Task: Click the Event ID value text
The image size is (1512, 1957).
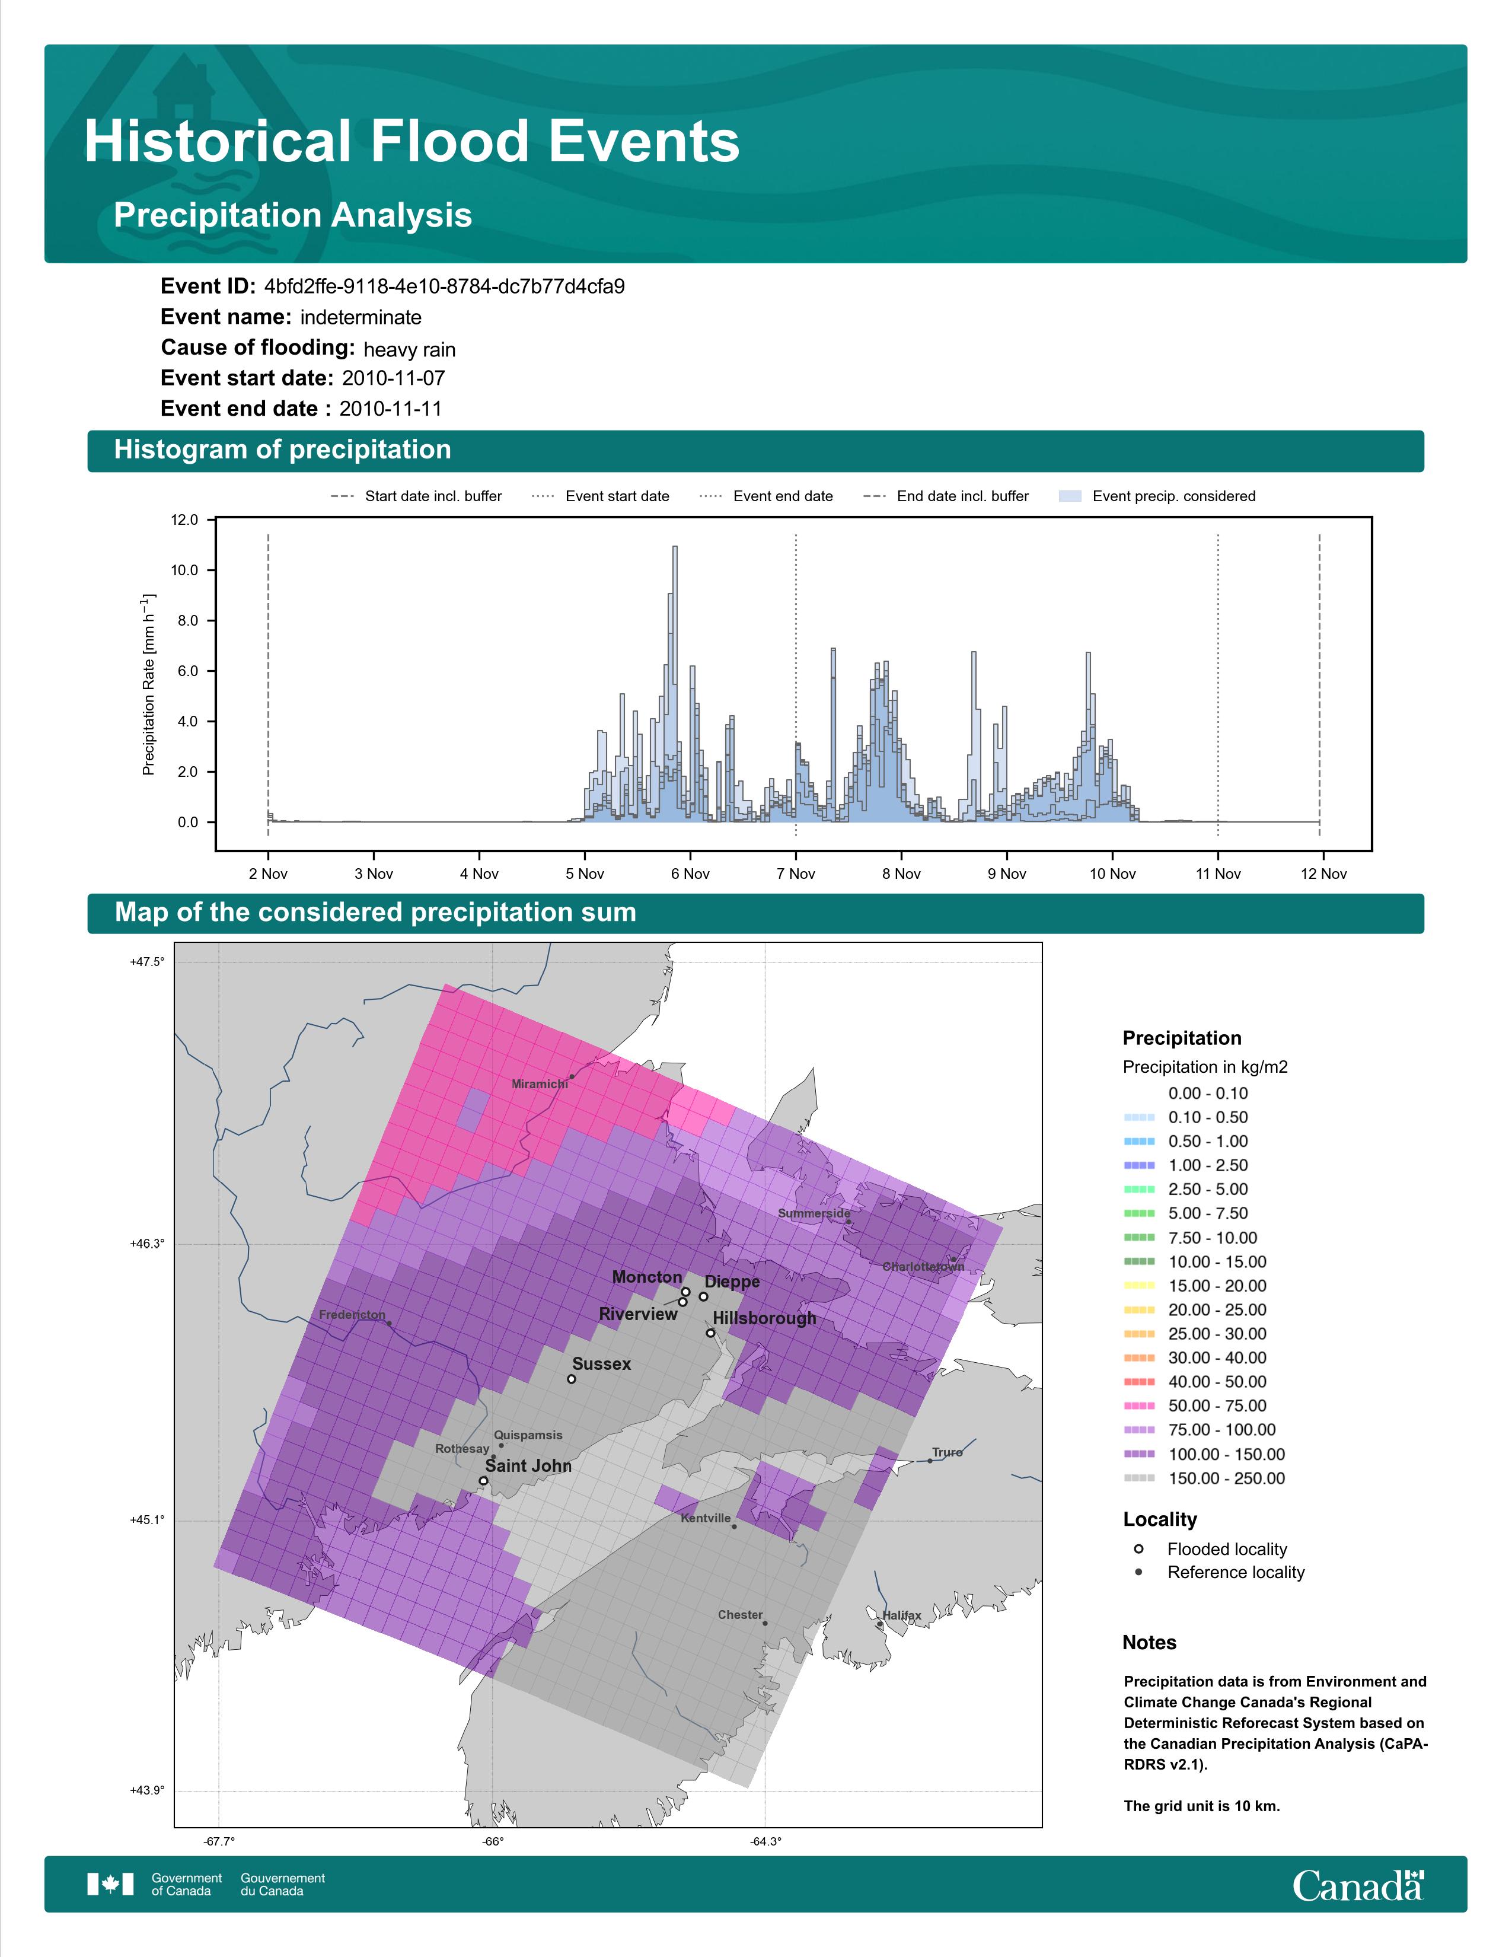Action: coord(444,287)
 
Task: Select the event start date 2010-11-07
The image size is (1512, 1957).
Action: coord(393,378)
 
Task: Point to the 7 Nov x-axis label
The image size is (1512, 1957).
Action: coord(795,874)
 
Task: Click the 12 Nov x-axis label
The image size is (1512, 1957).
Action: coord(1323,874)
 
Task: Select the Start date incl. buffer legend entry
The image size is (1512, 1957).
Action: coord(416,496)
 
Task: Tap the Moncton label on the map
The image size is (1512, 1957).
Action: coord(647,1277)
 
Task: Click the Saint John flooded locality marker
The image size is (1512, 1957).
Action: coord(484,1481)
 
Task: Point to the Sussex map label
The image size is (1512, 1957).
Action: coord(601,1364)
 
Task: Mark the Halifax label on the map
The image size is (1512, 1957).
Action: coord(901,1615)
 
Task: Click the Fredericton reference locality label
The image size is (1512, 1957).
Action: coord(352,1315)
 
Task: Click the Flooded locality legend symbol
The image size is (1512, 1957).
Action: coord(1138,1548)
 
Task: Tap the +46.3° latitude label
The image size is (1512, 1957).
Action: coord(147,1244)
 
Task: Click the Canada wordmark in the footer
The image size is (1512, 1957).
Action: coord(1358,1885)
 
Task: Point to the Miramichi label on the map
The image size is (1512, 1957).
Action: coord(539,1084)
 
